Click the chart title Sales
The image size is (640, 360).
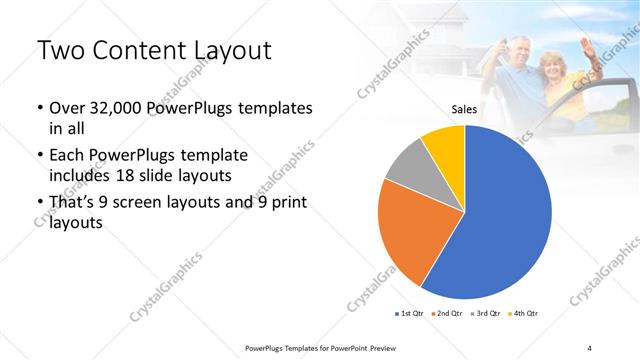[463, 109]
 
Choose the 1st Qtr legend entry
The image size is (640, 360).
[410, 313]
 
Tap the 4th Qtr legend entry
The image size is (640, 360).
[526, 313]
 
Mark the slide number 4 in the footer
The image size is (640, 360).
[590, 347]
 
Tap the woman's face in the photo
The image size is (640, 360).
[551, 65]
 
